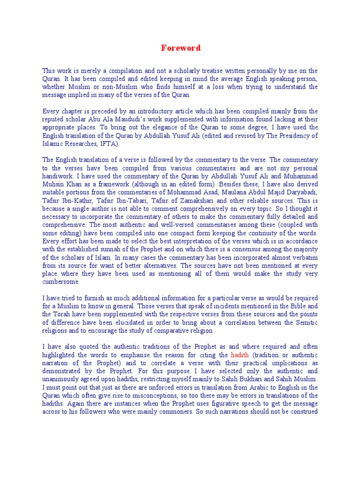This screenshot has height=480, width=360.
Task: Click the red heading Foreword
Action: point(181,48)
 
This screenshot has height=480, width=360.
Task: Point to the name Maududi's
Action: point(127,120)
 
